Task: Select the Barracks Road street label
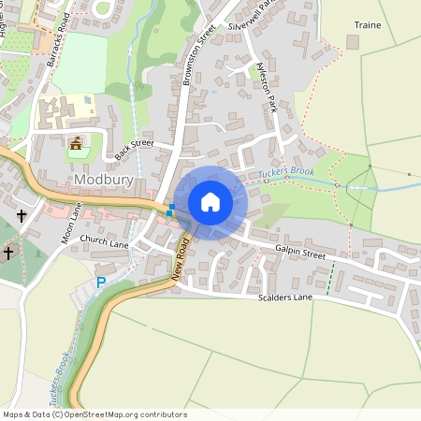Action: (x=58, y=44)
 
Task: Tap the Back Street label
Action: (x=134, y=144)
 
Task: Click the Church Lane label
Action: (x=104, y=240)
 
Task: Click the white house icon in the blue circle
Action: (x=210, y=202)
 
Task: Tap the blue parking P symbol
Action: (x=101, y=282)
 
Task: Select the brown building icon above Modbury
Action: (x=76, y=144)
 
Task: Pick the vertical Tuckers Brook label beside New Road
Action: (x=63, y=376)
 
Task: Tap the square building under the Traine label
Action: (x=353, y=42)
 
